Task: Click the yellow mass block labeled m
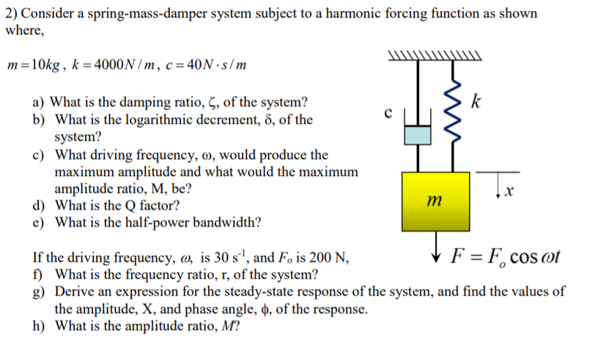point(435,201)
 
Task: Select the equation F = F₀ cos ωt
point(506,258)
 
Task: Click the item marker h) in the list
point(40,326)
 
